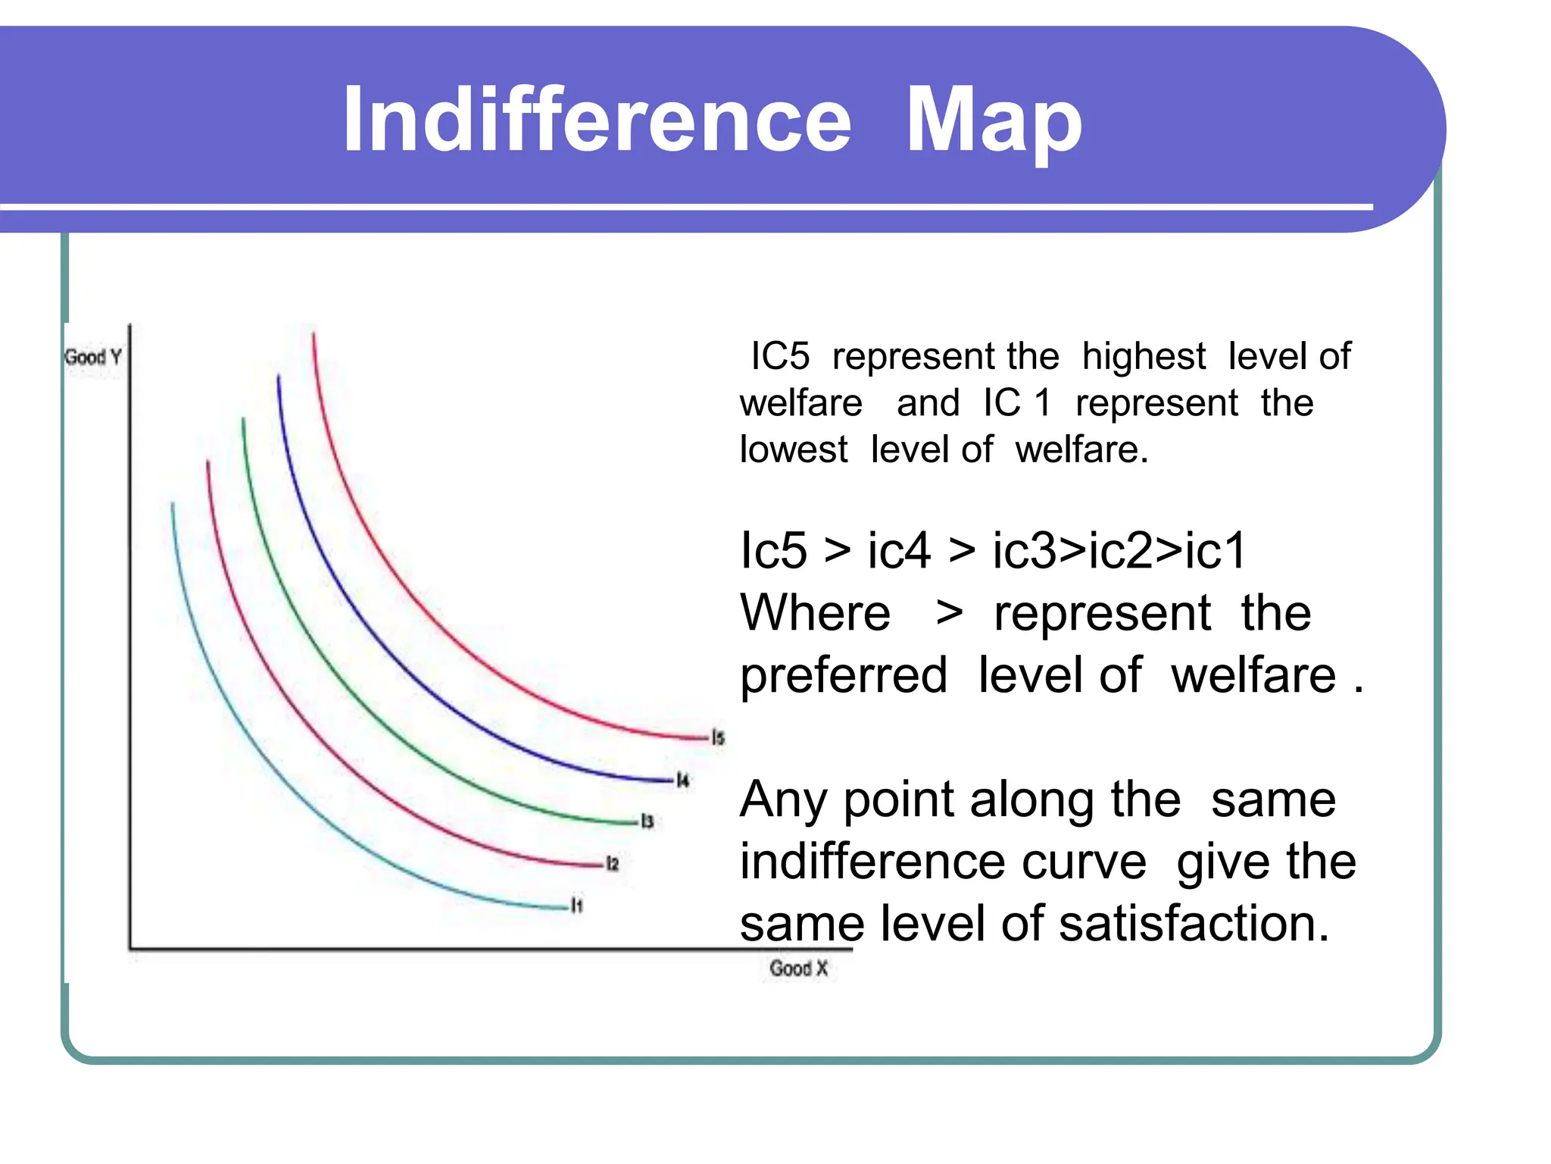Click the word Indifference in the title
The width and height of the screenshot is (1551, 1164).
[x=597, y=120]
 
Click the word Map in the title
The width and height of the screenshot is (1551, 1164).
[x=994, y=121]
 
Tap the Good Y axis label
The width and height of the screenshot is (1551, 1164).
[x=93, y=357]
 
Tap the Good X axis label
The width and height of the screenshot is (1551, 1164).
[x=798, y=968]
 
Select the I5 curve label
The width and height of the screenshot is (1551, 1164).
[x=718, y=737]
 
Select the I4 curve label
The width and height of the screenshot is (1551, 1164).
[x=683, y=780]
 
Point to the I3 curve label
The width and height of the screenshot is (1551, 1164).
[x=648, y=821]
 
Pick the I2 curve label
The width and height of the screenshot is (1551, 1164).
[x=613, y=864]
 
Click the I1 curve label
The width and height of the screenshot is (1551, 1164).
[x=577, y=906]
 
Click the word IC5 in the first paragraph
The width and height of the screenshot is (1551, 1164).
[x=780, y=356]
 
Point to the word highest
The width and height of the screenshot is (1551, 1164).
[x=1144, y=356]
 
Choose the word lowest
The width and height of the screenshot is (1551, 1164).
[x=794, y=449]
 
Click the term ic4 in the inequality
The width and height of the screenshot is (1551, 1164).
[x=899, y=550]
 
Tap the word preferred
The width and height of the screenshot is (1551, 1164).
[x=844, y=675]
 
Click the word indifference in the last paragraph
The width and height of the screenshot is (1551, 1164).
[x=943, y=862]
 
